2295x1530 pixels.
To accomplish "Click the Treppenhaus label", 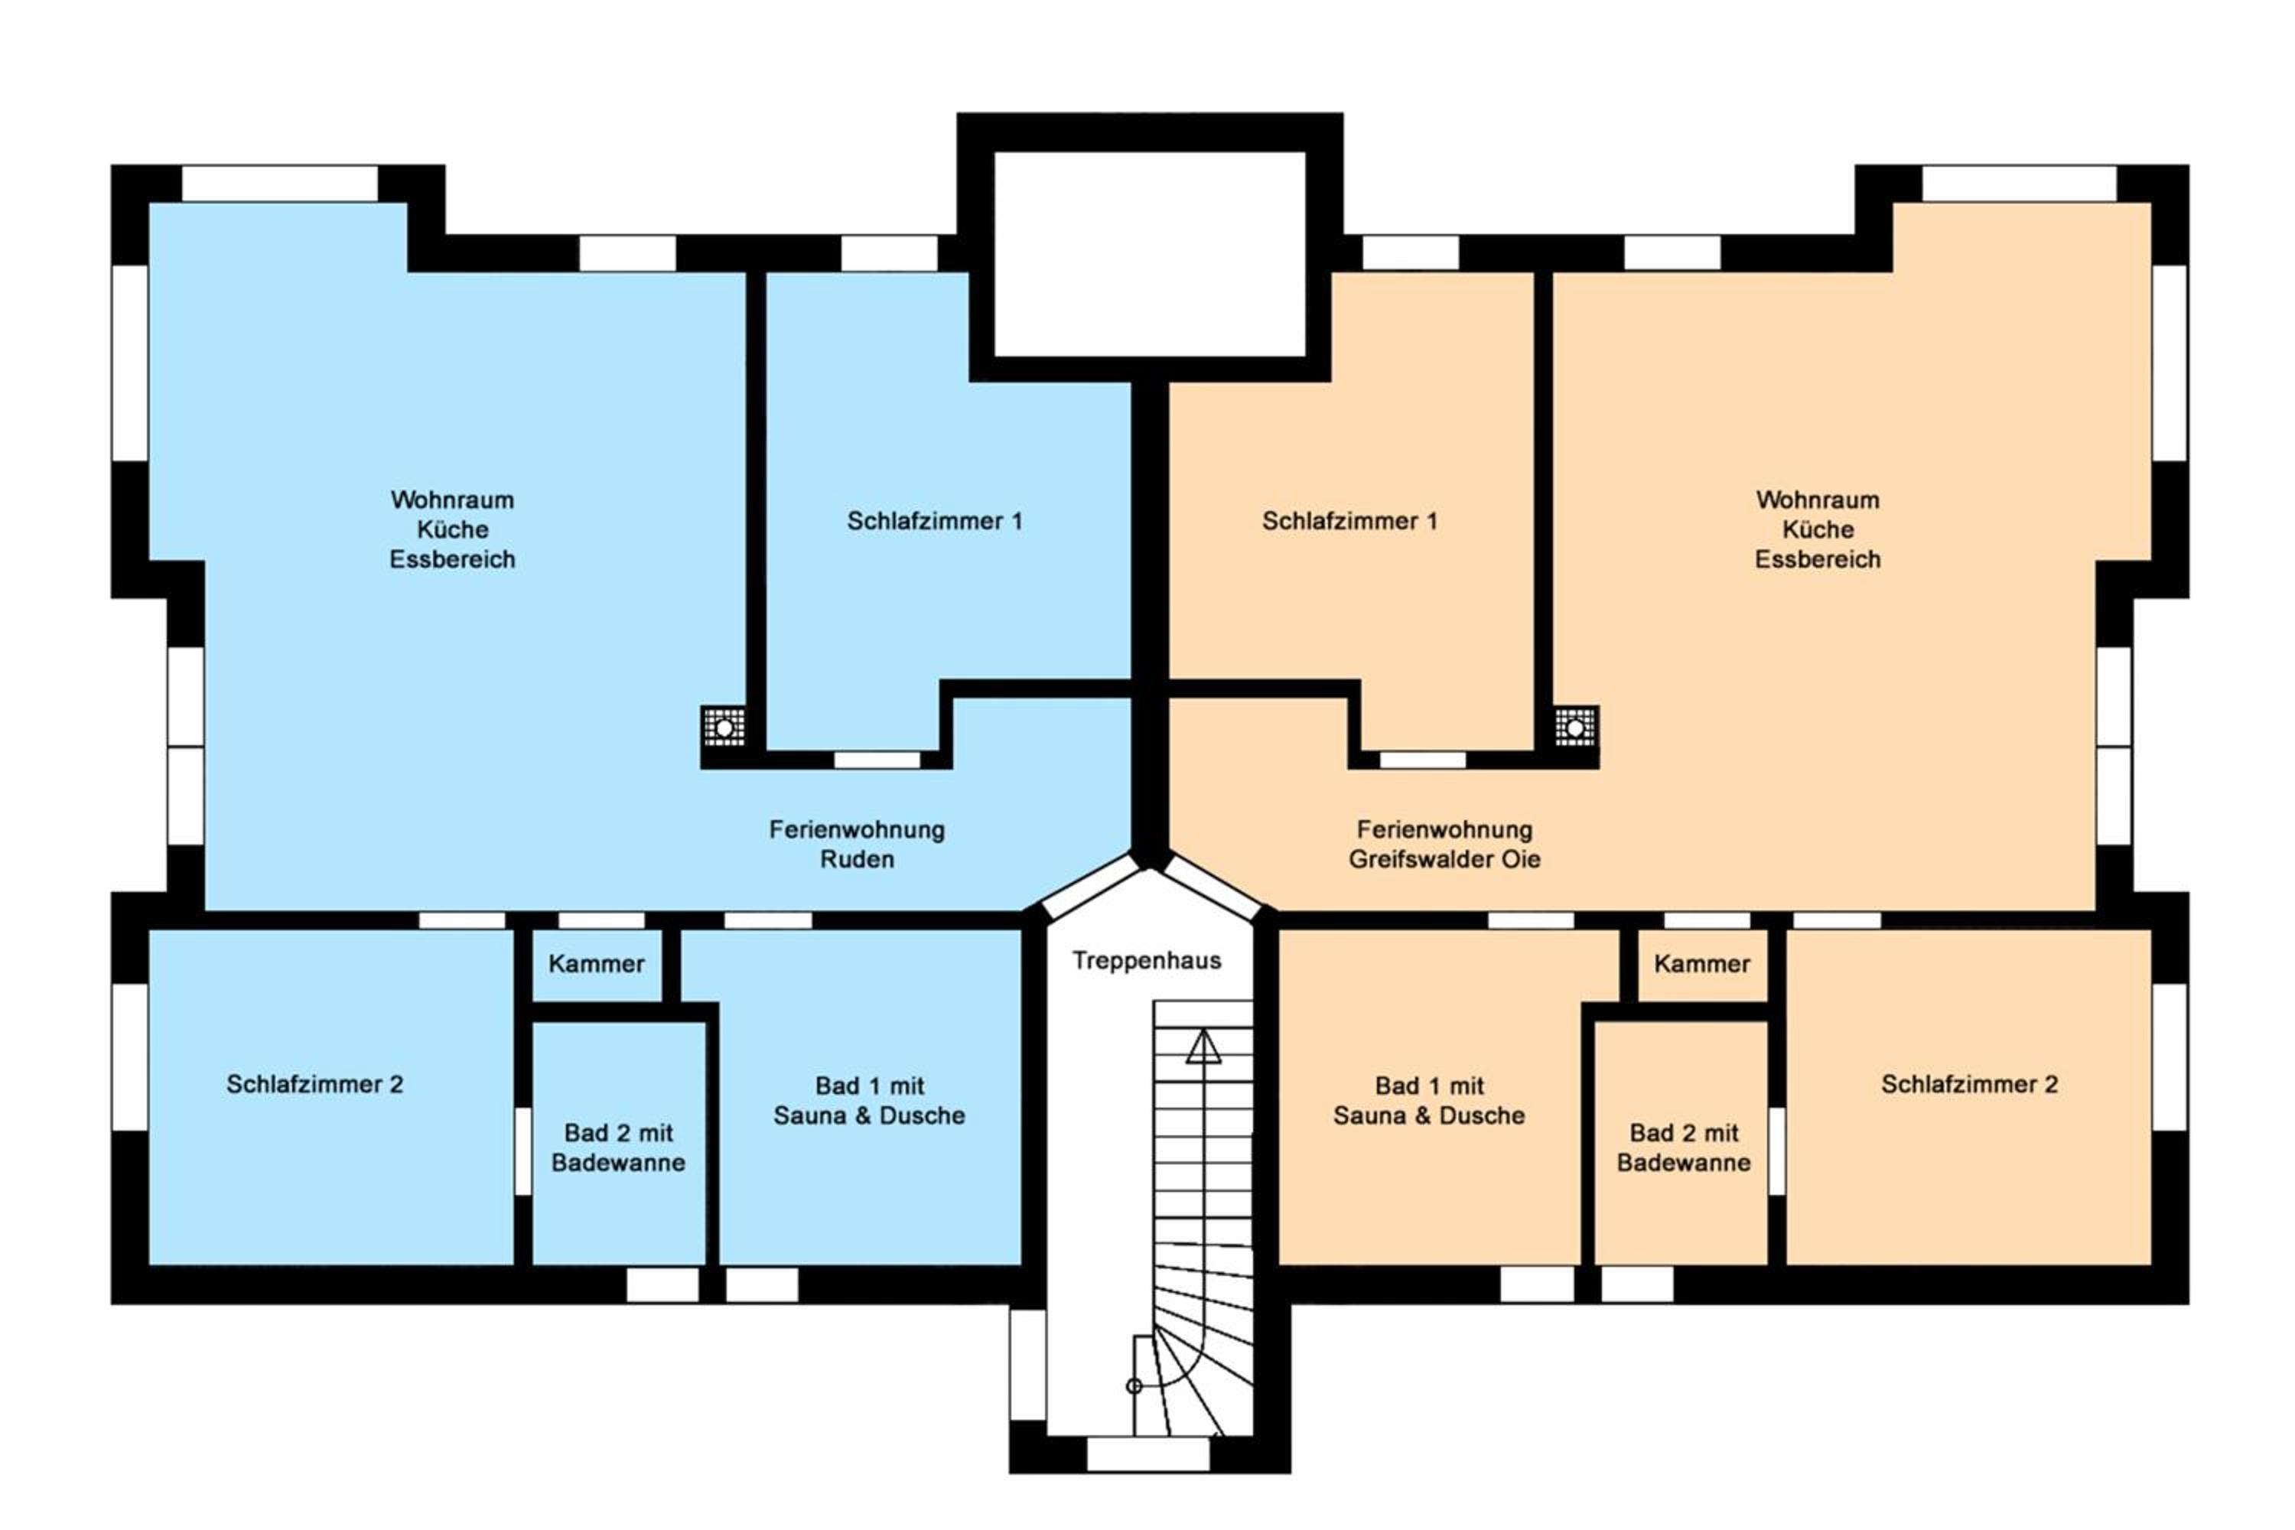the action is pos(1147,961).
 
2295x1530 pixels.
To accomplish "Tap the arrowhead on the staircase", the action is pos(1203,1047).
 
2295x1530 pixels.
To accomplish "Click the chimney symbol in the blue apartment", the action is pos(724,727).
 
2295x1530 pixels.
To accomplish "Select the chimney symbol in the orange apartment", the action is pos(1575,727).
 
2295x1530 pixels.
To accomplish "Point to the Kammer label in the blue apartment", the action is pos(596,964).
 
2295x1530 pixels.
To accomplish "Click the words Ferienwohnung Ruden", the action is pos(857,844).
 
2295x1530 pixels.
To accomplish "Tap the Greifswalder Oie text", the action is pos(1444,860).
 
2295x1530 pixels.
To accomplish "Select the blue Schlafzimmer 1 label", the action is pos(935,521).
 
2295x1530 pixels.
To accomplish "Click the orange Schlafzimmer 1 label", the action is pos(1349,521).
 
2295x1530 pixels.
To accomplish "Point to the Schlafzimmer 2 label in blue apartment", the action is pos(314,1084).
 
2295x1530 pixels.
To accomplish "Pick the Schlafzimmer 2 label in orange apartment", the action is pos(1969,1084).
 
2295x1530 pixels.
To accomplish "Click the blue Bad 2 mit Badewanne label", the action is pos(619,1147).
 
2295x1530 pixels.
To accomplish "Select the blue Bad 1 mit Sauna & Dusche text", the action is pos(869,1101).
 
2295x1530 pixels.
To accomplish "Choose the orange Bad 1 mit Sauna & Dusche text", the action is pos(1430,1101).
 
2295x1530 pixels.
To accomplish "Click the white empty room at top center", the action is pos(1150,254).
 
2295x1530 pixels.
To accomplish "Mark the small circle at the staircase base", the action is pos(1134,1385).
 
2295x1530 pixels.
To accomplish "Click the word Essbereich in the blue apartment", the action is pos(452,560).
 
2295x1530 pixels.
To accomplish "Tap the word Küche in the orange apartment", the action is pos(1818,530).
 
